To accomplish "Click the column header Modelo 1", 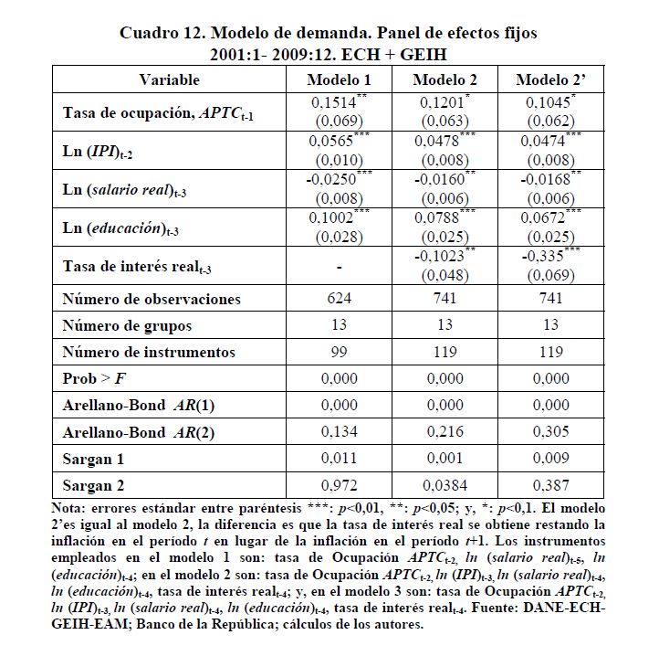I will point(340,79).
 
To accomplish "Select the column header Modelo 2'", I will point(550,79).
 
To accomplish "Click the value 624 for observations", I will point(340,299).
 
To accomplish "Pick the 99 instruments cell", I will point(340,352).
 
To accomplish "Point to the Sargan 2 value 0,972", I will point(340,484).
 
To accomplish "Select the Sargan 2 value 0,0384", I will point(445,484).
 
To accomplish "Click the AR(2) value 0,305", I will point(550,431).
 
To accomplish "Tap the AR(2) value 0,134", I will point(340,431).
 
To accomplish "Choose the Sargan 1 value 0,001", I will point(445,458).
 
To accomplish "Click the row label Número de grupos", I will point(127,325).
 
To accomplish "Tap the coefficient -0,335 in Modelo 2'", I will point(546,259).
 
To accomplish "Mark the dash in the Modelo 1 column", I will point(340,267).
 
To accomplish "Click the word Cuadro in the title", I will point(150,33).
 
